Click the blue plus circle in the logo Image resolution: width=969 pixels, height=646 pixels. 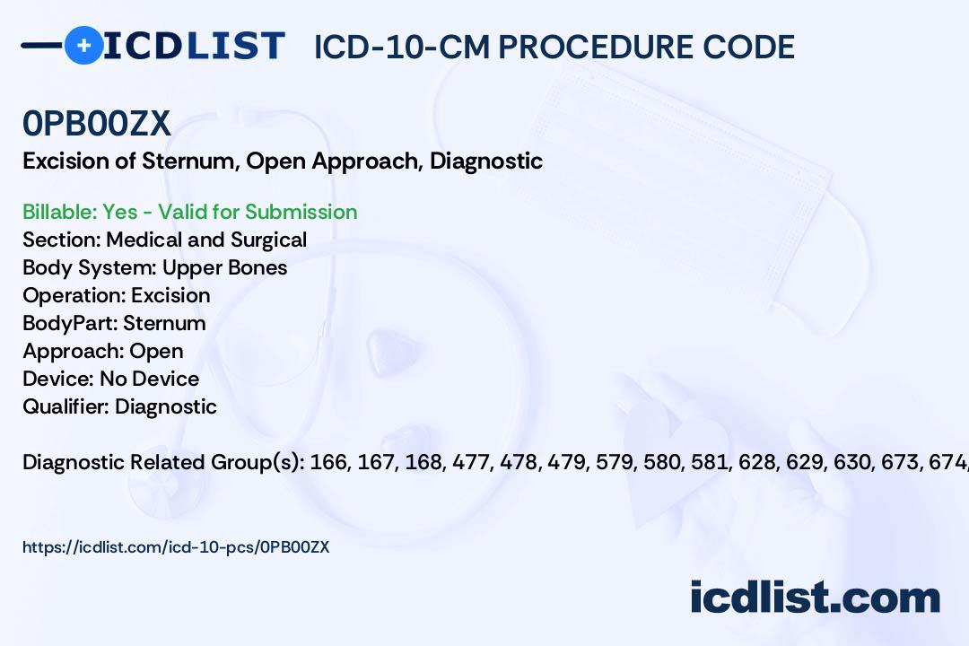(x=83, y=45)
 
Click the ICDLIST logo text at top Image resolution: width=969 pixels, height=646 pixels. (x=194, y=45)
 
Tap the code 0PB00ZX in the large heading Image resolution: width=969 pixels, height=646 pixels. (x=97, y=124)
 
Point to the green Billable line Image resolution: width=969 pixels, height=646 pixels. (x=190, y=212)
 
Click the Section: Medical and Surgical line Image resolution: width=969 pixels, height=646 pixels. (x=165, y=240)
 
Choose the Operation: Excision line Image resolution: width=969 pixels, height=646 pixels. (x=117, y=295)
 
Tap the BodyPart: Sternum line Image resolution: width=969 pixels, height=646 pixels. (x=114, y=323)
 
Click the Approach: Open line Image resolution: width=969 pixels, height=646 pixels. (x=103, y=351)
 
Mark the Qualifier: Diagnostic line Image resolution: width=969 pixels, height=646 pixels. (x=120, y=406)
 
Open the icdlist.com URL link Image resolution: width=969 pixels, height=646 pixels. (x=176, y=546)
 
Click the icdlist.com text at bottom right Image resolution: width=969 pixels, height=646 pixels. (x=815, y=598)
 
